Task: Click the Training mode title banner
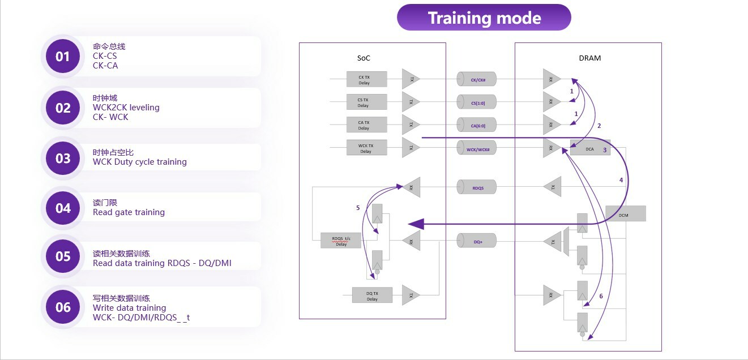(x=484, y=18)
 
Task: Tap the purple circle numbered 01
(x=63, y=57)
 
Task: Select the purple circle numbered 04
(x=63, y=208)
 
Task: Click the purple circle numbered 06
(x=63, y=307)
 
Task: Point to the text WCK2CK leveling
(x=126, y=108)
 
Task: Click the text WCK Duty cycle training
(x=140, y=162)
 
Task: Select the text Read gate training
(x=129, y=212)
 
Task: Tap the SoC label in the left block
(x=364, y=58)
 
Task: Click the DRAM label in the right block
(x=591, y=58)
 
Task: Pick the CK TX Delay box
(x=366, y=79)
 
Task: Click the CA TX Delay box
(x=366, y=125)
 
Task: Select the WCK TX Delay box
(x=366, y=148)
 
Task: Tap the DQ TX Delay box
(x=371, y=295)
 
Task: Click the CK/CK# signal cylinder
(x=476, y=80)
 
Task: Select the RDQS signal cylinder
(x=476, y=187)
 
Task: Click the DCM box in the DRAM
(x=625, y=213)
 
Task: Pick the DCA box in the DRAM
(x=590, y=148)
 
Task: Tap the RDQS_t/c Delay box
(x=341, y=241)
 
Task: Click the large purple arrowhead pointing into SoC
(x=416, y=224)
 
